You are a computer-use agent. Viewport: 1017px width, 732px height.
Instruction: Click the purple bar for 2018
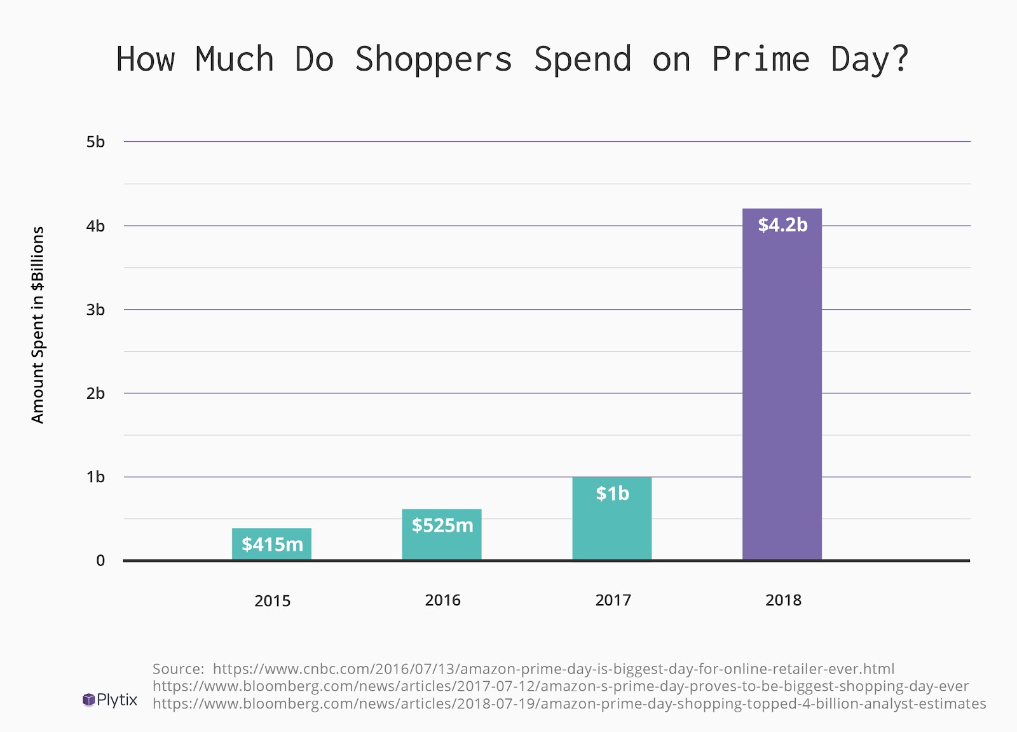tap(782, 394)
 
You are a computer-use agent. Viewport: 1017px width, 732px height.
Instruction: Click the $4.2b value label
tap(782, 225)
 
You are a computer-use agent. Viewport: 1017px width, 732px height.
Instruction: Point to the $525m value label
tap(442, 525)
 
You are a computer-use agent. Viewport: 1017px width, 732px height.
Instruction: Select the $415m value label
tap(272, 544)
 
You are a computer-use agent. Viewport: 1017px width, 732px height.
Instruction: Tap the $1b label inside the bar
tap(612, 494)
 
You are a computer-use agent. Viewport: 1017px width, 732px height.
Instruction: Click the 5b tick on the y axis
tap(95, 142)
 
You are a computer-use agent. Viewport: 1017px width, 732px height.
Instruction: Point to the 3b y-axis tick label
tap(95, 310)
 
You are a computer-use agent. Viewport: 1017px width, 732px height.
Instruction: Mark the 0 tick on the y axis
tap(100, 561)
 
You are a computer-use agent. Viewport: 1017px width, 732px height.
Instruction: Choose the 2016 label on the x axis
tap(442, 600)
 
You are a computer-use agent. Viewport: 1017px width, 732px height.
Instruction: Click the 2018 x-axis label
tap(783, 600)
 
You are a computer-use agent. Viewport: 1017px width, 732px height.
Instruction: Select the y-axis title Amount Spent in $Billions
tap(38, 324)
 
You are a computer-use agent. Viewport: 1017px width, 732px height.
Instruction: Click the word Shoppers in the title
tap(433, 60)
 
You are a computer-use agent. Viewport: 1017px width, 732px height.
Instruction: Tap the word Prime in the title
tap(760, 60)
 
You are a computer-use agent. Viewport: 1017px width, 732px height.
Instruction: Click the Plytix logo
tap(110, 700)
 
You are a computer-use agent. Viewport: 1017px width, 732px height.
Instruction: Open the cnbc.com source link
tap(553, 669)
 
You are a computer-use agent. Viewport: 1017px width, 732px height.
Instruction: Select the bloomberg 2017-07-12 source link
tap(561, 686)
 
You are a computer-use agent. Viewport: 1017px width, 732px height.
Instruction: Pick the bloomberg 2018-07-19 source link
tap(570, 703)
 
